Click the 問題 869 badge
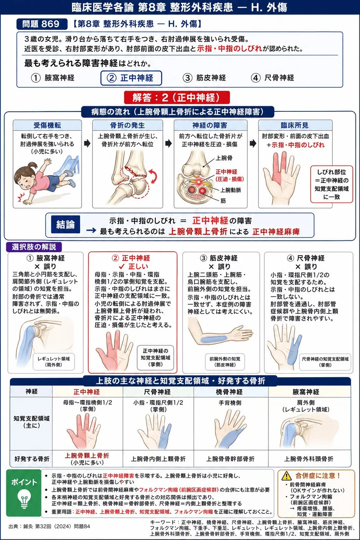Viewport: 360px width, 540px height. click(42, 24)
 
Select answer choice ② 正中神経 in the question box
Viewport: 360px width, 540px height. click(131, 78)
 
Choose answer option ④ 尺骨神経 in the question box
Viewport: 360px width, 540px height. click(273, 78)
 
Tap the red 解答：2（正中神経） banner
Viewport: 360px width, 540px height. click(177, 97)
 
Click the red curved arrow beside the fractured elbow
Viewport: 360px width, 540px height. click(154, 176)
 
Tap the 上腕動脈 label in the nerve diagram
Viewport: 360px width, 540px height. click(230, 190)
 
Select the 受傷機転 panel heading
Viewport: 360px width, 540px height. click(47, 125)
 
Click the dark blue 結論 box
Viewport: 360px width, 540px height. click(65, 224)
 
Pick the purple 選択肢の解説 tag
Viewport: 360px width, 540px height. click(34, 247)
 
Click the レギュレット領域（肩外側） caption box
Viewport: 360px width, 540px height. click(54, 362)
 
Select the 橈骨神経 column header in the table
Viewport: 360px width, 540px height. click(229, 392)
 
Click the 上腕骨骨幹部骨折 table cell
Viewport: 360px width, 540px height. click(230, 459)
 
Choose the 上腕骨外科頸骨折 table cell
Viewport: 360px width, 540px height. click(309, 459)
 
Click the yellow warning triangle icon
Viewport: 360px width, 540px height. click(287, 475)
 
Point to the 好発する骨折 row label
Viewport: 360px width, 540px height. click(32, 459)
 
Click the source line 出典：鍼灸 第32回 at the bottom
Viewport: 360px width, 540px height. click(49, 526)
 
